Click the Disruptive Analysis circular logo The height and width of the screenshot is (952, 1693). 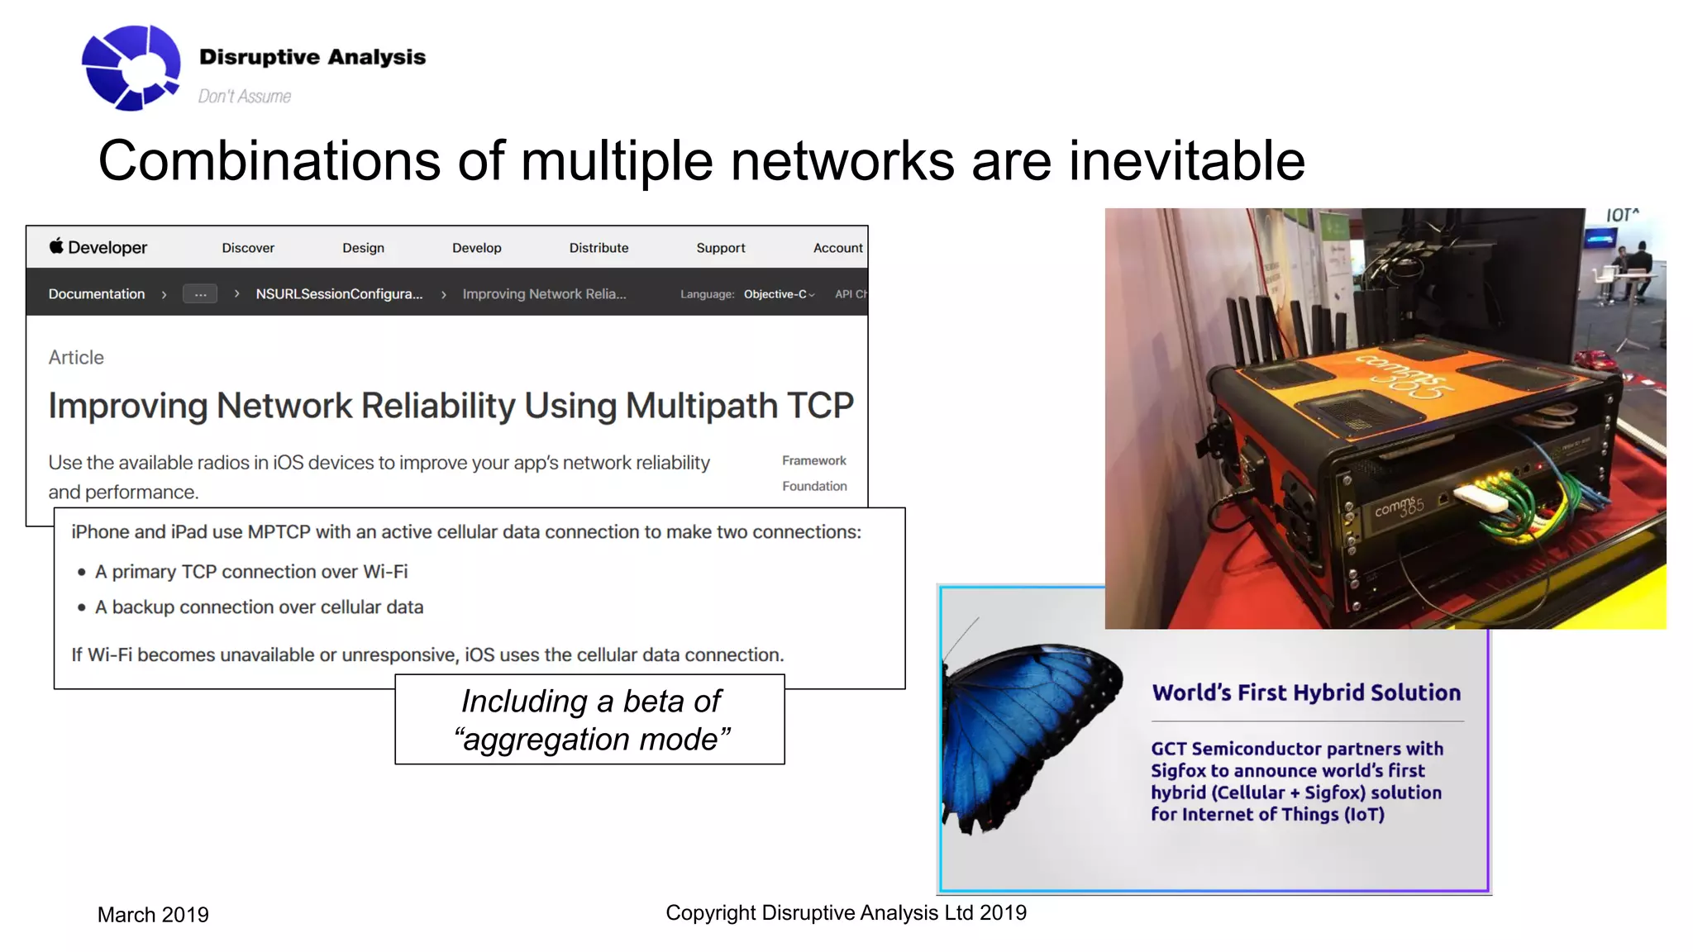point(131,68)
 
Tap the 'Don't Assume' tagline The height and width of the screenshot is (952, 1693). point(244,97)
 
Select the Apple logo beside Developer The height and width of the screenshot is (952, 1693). point(56,245)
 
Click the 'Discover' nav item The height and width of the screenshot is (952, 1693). point(248,248)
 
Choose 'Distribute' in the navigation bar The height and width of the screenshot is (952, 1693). point(599,248)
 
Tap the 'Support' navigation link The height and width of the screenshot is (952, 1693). point(720,248)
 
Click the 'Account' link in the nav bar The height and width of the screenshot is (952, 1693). point(837,248)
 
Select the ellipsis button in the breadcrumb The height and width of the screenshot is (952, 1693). point(200,294)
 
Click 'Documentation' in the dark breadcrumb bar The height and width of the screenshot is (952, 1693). point(97,294)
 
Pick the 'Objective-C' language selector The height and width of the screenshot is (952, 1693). point(778,294)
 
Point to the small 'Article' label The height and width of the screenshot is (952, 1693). point(76,358)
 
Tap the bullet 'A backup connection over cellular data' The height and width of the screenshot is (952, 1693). point(259,607)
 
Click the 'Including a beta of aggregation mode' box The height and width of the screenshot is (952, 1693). point(590,720)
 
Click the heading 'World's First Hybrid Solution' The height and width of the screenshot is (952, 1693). point(1306,693)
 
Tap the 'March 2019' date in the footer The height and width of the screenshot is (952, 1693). point(153,915)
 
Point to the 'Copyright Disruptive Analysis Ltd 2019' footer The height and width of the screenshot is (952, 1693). point(846,912)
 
